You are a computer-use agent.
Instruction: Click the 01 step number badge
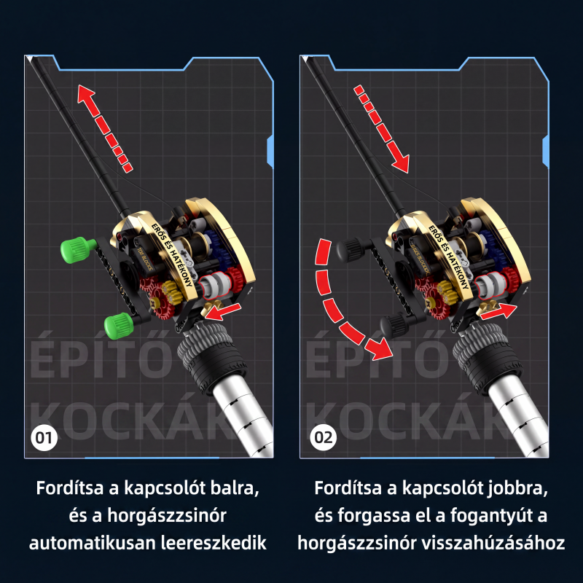(x=44, y=438)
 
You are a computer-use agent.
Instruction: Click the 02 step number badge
(x=324, y=438)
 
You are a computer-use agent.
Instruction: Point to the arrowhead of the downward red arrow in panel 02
(x=401, y=163)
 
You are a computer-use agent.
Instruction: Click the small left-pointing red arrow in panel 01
(x=223, y=312)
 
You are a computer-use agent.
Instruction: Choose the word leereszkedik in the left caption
(x=214, y=543)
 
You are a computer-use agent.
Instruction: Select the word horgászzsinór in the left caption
(x=167, y=516)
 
